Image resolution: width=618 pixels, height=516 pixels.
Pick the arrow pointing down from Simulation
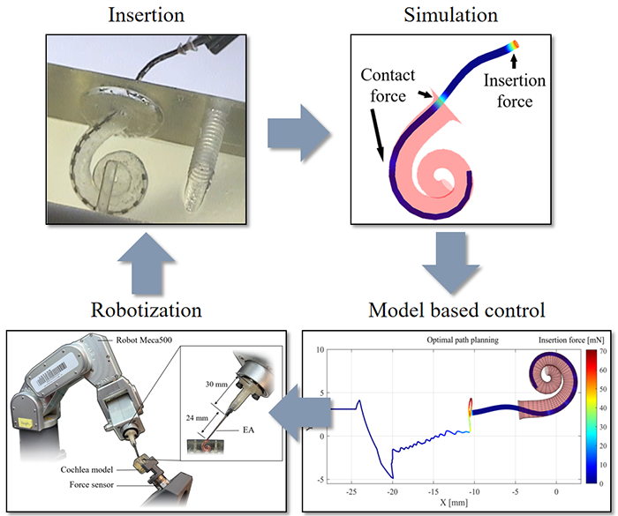point(448,265)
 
